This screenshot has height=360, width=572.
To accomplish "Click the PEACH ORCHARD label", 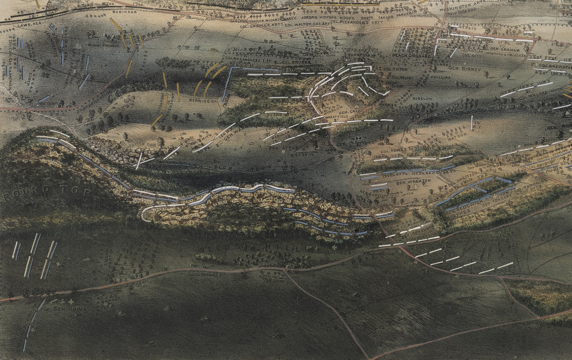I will [412, 56].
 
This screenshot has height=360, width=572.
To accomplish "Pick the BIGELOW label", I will [423, 99].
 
